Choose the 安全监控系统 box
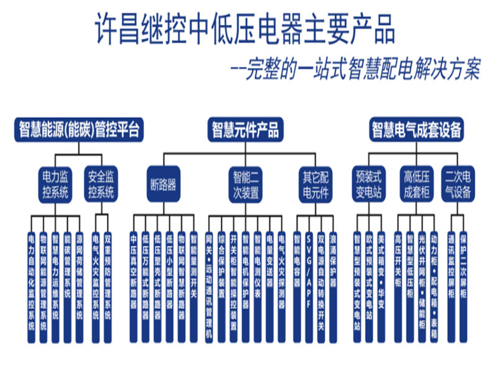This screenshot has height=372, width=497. (101, 184)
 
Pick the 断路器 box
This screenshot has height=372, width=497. (163, 184)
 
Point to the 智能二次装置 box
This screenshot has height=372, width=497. (247, 184)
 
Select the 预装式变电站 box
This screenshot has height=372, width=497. (369, 184)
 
